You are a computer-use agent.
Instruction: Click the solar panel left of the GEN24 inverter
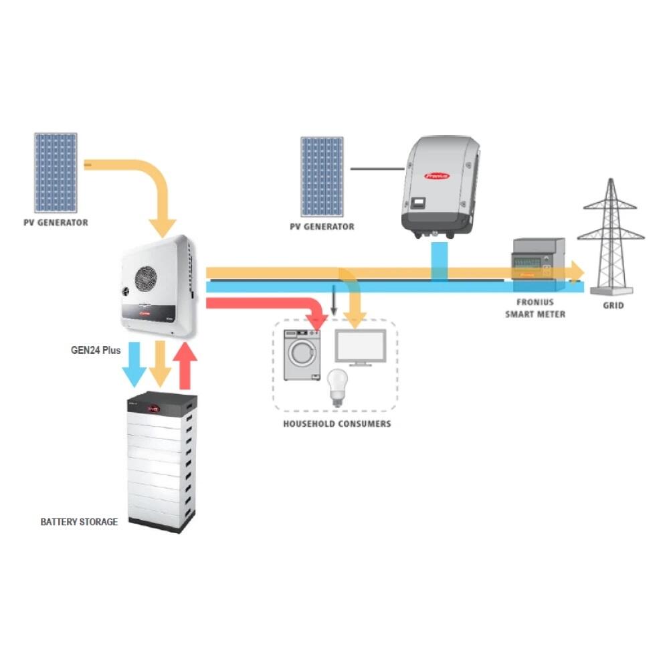click(x=56, y=172)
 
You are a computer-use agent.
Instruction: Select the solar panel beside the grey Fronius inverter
click(x=322, y=176)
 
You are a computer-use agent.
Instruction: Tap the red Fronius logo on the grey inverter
click(x=437, y=176)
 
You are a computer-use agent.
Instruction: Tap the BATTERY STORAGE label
click(x=79, y=522)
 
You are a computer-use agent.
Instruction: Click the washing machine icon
click(x=302, y=355)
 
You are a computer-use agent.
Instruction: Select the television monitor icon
click(x=361, y=347)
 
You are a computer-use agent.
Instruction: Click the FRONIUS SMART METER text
click(x=535, y=308)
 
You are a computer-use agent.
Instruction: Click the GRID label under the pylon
click(x=613, y=306)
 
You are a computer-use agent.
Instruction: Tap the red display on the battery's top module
click(x=153, y=407)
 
